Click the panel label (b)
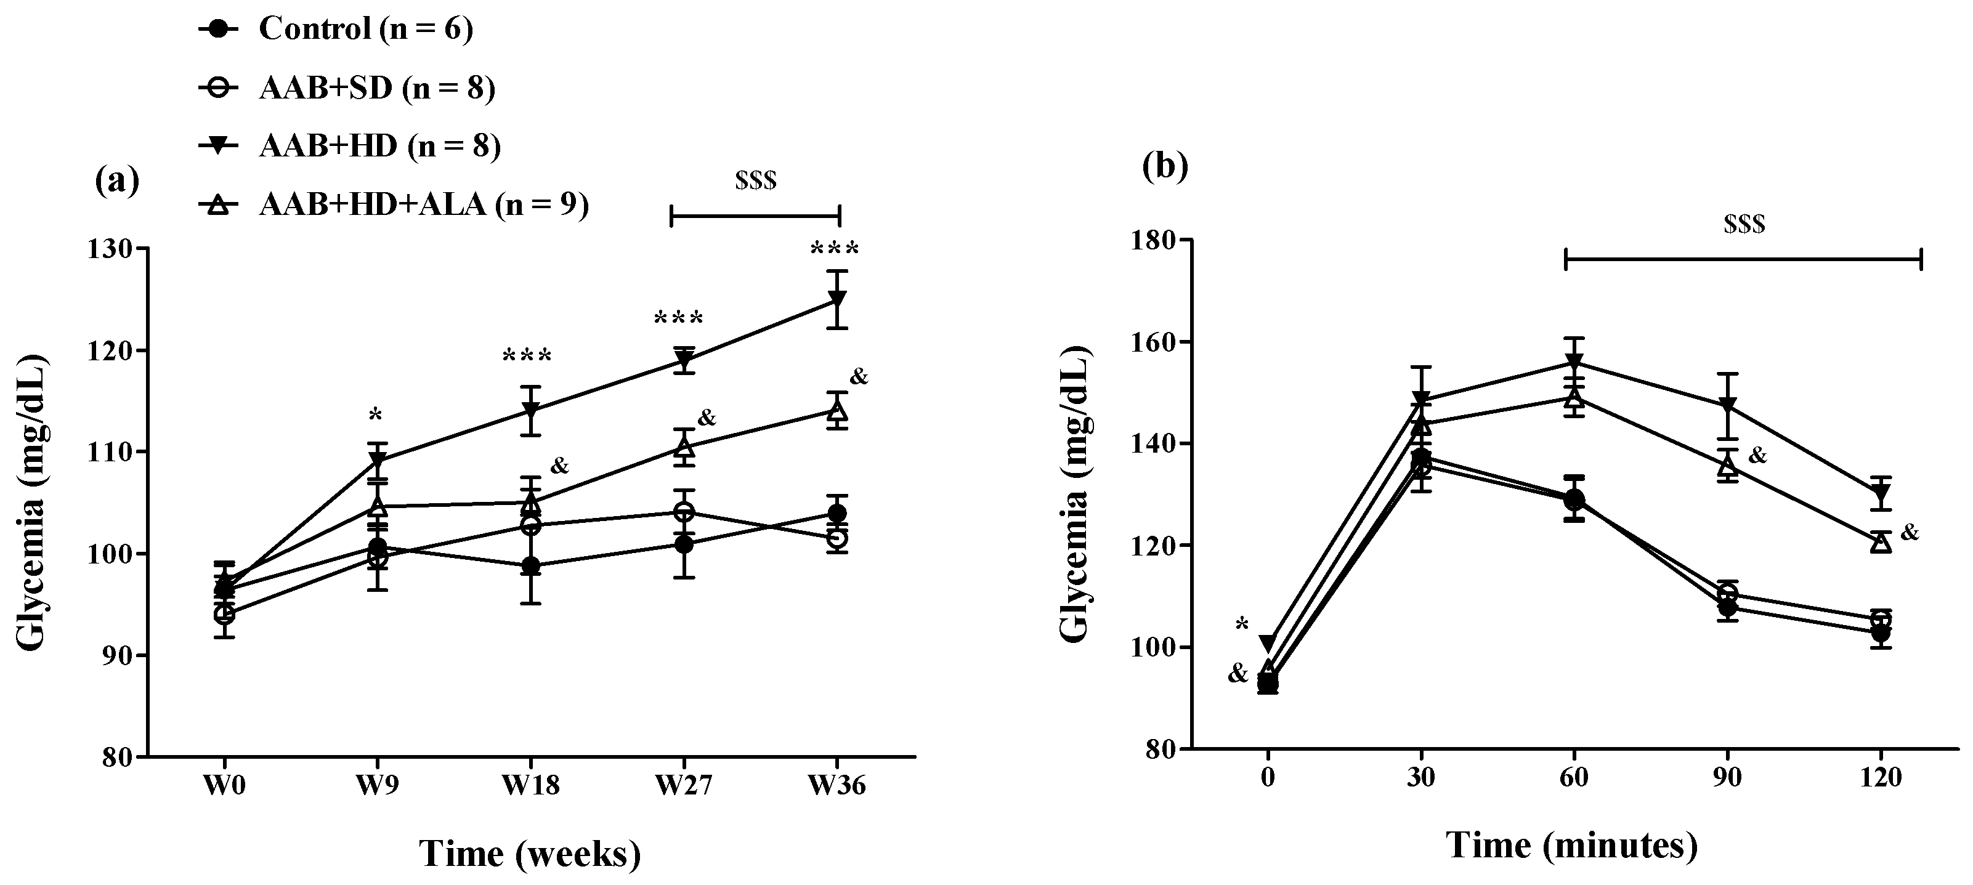point(1165,166)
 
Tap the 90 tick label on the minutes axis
point(1727,777)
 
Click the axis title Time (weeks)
point(530,854)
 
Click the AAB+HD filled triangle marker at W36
point(837,298)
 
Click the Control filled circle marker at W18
point(530,567)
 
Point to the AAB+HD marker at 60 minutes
point(1574,362)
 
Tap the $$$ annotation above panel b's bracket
point(1744,224)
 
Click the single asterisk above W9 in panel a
point(375,416)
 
